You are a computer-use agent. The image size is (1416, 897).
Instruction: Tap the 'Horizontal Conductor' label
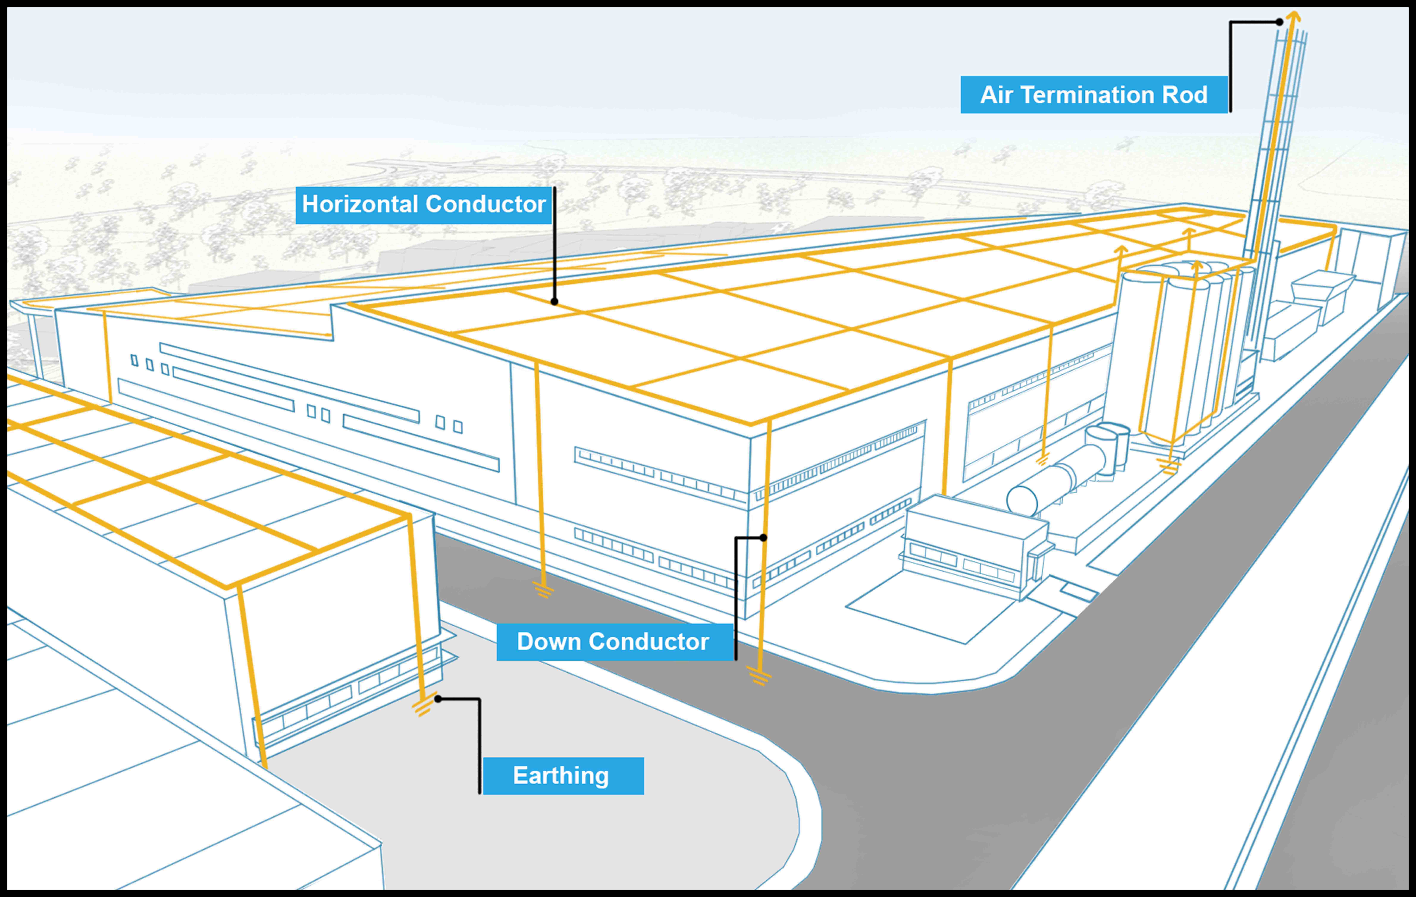tap(423, 205)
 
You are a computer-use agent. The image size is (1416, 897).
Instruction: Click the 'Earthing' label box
tap(563, 776)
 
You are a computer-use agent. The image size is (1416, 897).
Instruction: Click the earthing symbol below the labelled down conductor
tap(759, 676)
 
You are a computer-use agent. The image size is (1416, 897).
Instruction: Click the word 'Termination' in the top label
tap(1087, 95)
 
